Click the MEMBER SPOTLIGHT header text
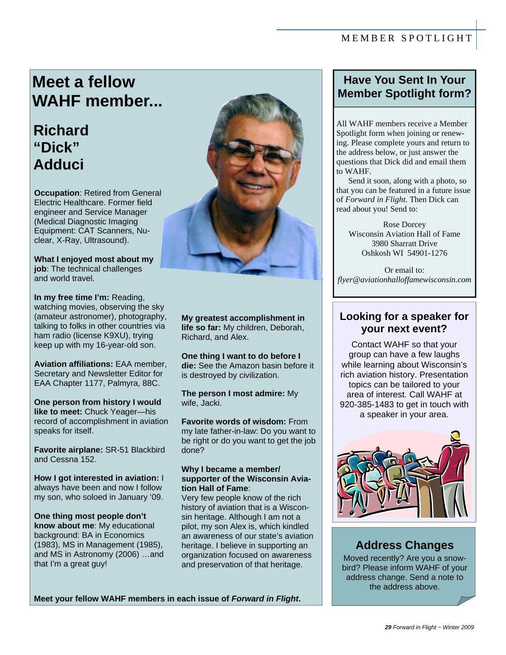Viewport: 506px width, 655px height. [407, 38]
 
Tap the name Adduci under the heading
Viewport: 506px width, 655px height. [58, 165]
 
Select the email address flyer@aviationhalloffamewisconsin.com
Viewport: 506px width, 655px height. [404, 279]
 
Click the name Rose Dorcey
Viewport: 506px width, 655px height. [404, 224]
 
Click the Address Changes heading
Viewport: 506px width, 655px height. [404, 545]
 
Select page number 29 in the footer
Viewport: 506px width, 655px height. [388, 627]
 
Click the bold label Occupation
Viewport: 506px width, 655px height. [57, 193]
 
